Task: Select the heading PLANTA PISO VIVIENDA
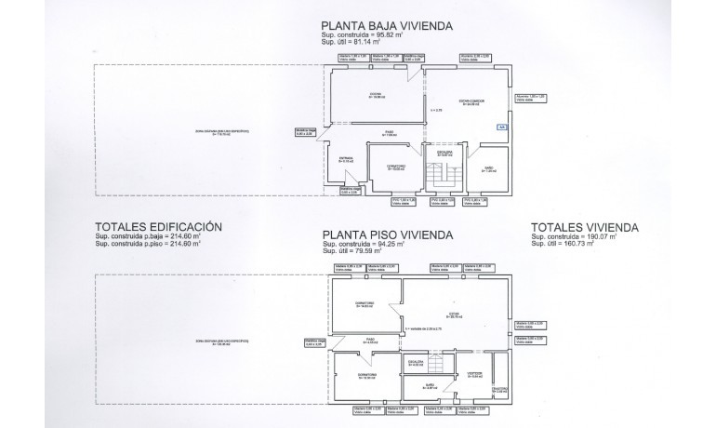[386, 234]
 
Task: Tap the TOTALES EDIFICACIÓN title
[158, 226]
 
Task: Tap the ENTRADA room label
[344, 159]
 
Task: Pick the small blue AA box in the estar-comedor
[503, 127]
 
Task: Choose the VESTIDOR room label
[474, 374]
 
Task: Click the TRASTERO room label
[499, 389]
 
